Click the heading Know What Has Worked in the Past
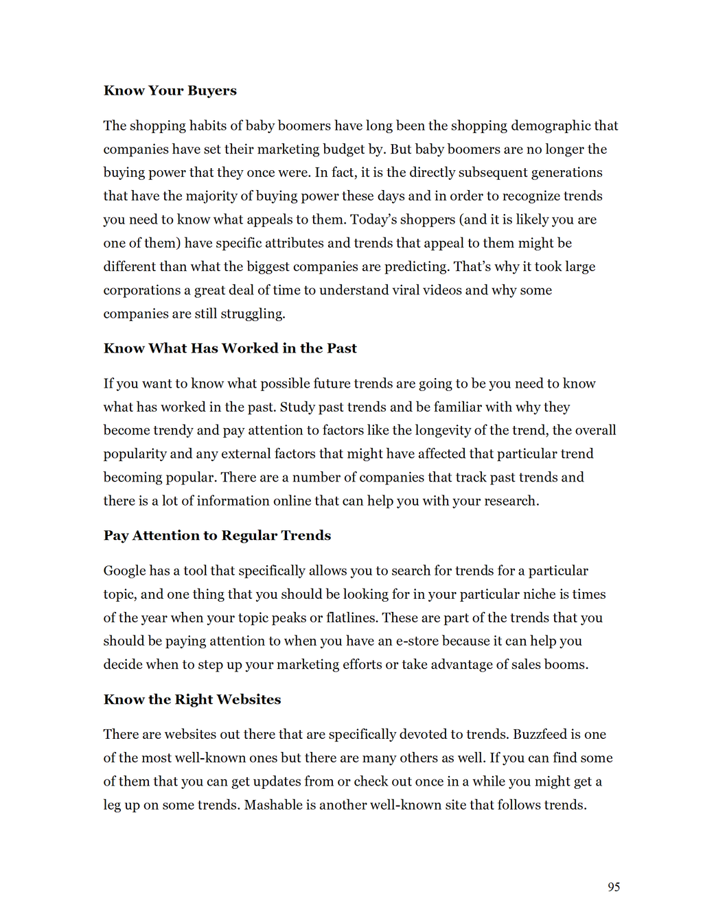point(230,348)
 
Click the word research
point(511,501)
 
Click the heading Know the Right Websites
point(192,699)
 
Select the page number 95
point(614,887)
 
